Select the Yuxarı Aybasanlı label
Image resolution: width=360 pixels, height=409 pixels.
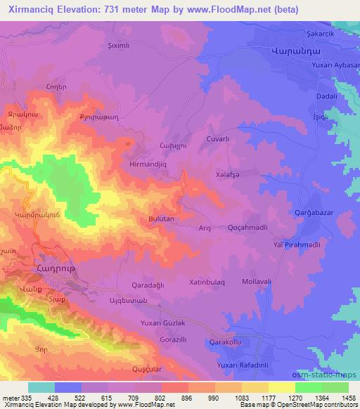coord(335,65)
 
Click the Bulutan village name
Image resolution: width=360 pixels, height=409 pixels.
coord(161,219)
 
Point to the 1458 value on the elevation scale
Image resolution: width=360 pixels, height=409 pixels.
coord(347,398)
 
